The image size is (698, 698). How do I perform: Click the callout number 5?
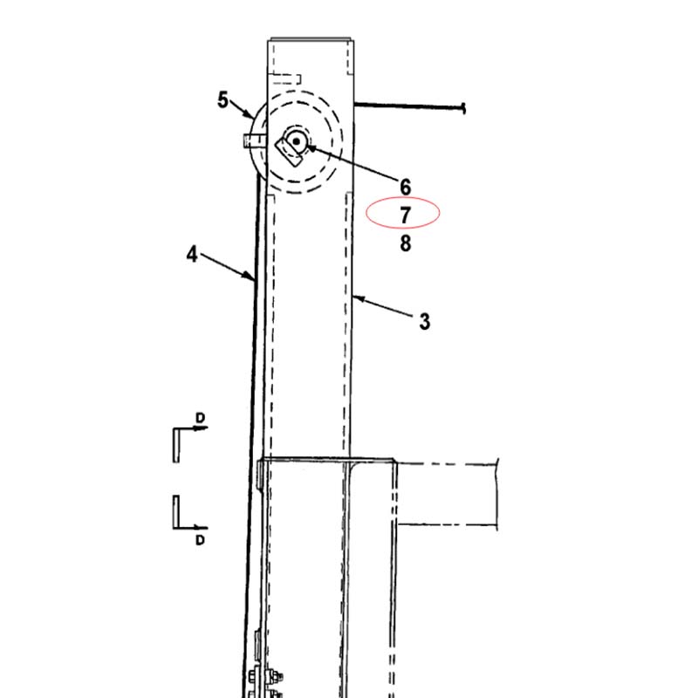click(x=222, y=99)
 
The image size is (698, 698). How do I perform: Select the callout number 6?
click(x=405, y=187)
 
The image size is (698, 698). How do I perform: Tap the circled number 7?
click(x=405, y=216)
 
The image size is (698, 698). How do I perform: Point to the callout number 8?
click(x=405, y=243)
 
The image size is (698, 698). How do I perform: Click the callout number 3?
click(x=425, y=321)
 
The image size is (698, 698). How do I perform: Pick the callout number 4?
click(x=192, y=254)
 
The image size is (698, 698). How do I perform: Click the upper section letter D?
click(x=201, y=418)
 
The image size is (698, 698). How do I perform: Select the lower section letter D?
click(x=201, y=540)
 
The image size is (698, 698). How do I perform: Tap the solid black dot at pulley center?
click(x=297, y=141)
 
